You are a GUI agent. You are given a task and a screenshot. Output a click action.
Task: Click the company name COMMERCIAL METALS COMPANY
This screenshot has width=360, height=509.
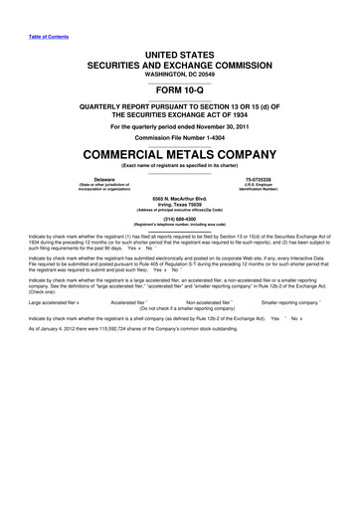pyautogui.click(x=180, y=155)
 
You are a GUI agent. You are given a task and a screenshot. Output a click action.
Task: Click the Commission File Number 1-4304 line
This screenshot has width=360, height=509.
pyautogui.click(x=180, y=136)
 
